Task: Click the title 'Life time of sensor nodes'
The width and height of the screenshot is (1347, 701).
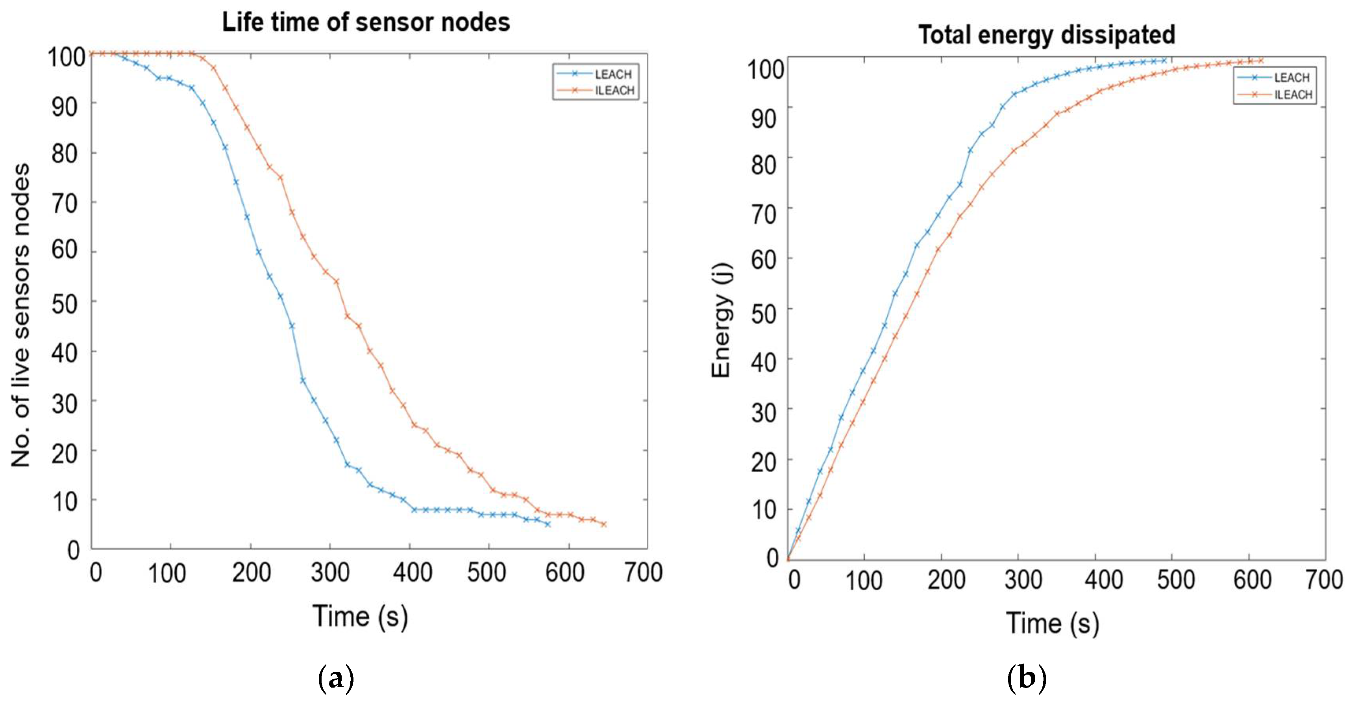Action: pos(366,22)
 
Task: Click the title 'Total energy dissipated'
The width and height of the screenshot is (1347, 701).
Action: pos(1047,35)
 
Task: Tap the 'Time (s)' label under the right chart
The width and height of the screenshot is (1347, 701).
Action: pos(1052,623)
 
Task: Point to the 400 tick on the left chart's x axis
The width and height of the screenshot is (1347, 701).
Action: pos(413,572)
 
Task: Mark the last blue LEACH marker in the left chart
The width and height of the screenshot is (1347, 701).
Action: pos(548,524)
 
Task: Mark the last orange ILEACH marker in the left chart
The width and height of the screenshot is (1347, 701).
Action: pos(603,524)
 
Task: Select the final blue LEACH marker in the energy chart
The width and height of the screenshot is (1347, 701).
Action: pos(1164,61)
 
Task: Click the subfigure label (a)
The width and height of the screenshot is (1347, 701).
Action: pos(336,678)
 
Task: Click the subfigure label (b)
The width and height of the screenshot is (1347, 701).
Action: pos(1027,678)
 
